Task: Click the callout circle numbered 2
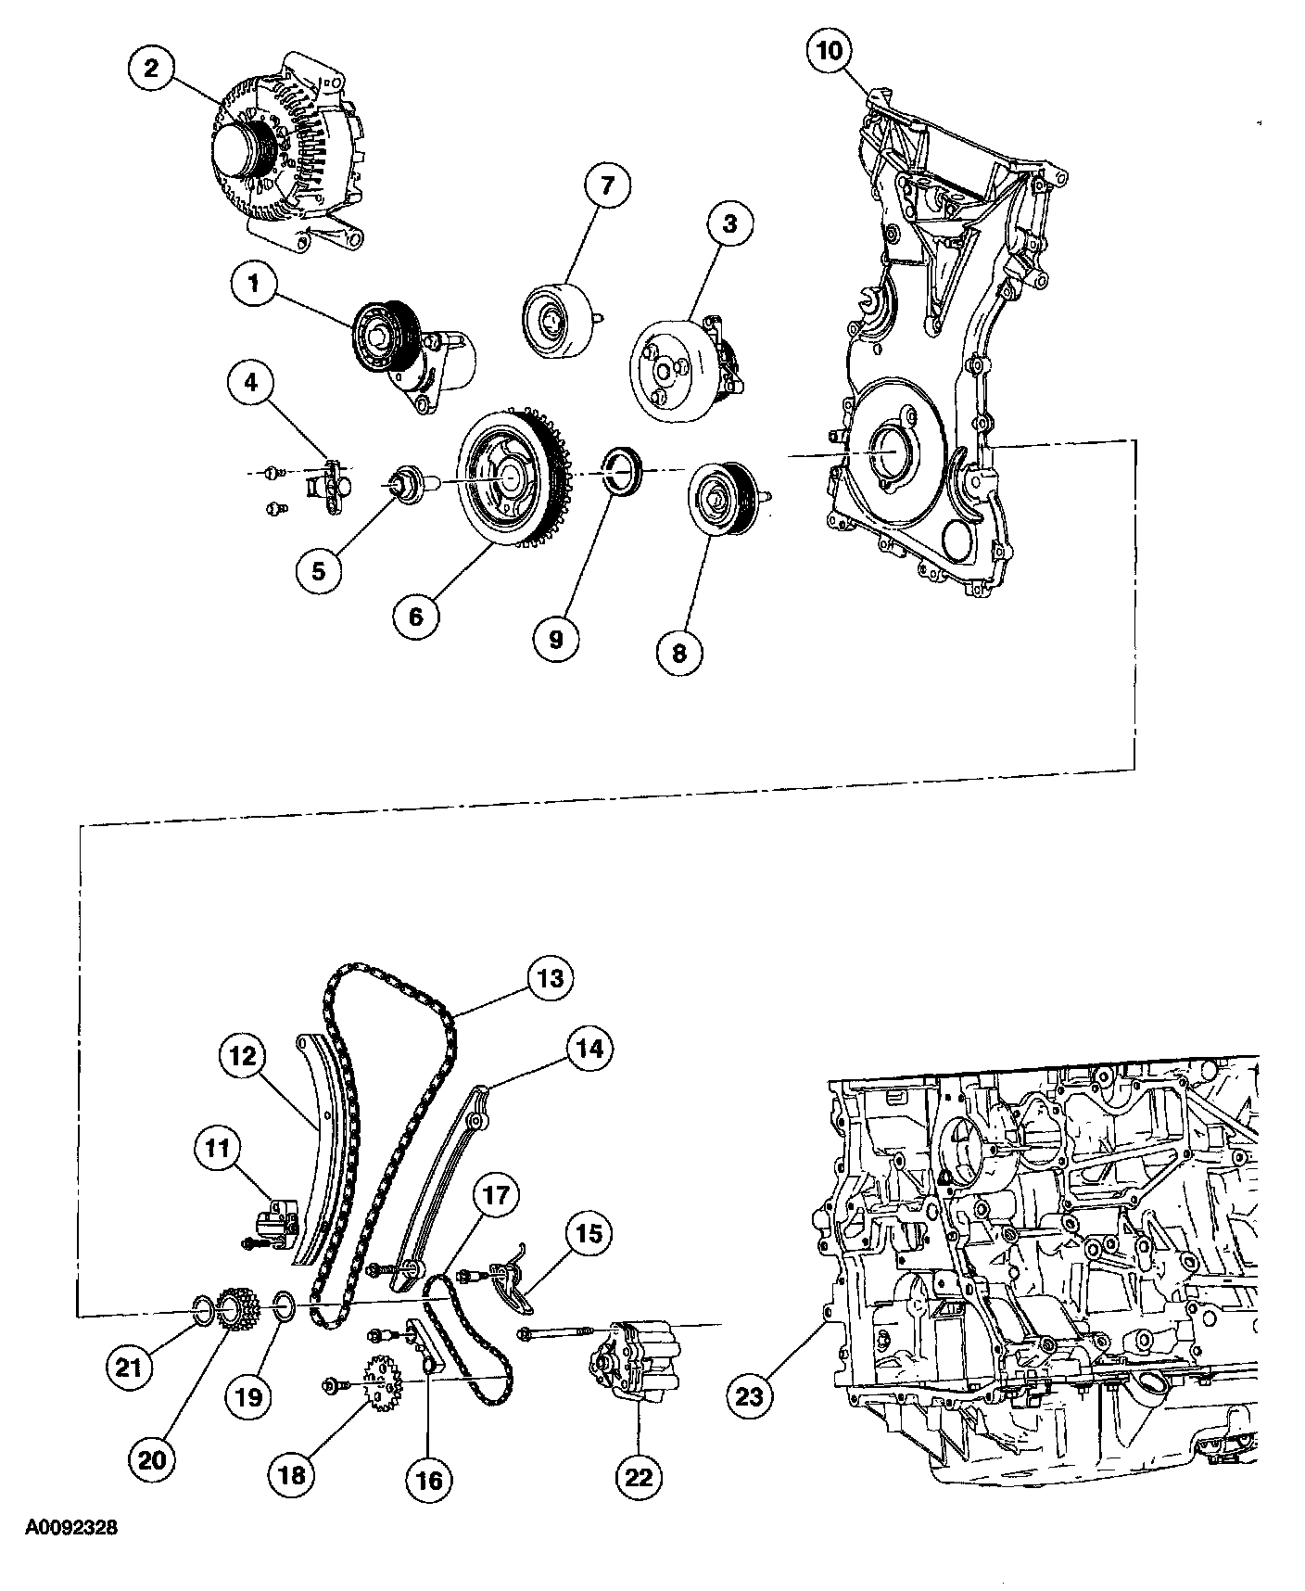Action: coord(152,67)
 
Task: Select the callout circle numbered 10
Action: coord(830,50)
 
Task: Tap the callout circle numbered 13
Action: coord(551,978)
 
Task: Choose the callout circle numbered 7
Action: coord(607,185)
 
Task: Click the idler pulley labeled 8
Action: coord(725,498)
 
